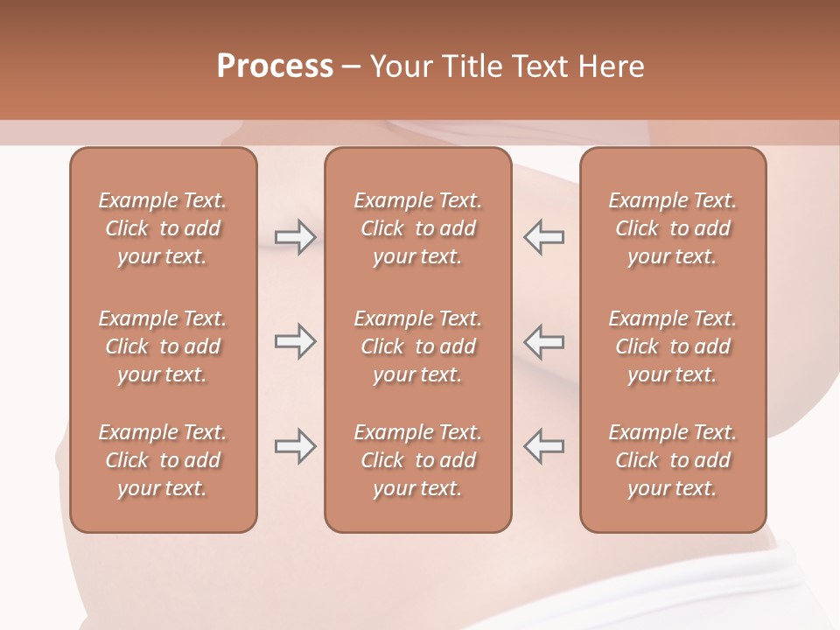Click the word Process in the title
275,66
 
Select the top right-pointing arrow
295,237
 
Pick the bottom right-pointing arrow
295,446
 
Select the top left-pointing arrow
543,237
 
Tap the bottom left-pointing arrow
543,446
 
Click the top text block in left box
163,228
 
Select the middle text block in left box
163,346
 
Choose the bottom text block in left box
163,460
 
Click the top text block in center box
418,228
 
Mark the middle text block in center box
418,346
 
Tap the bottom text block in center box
418,460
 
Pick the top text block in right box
673,228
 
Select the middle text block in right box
673,346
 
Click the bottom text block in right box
673,460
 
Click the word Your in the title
399,66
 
